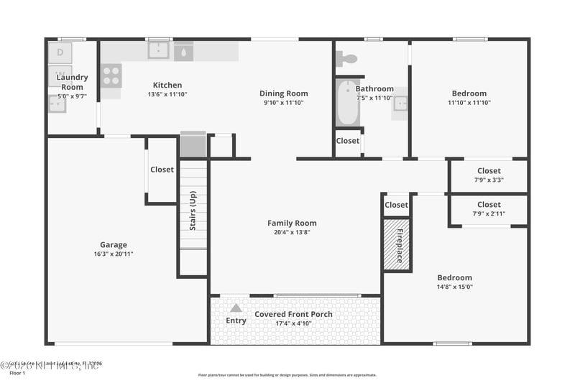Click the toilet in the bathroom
tap(349, 59)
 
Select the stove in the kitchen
tap(111, 75)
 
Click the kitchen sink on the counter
tap(159, 50)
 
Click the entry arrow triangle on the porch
tap(236, 308)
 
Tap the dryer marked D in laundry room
tap(60, 52)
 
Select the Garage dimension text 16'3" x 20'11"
tap(114, 254)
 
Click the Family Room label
tap(292, 223)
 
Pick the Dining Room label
tap(283, 93)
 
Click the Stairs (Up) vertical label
tap(193, 211)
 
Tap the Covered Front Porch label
tap(293, 315)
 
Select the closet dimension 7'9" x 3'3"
tap(489, 180)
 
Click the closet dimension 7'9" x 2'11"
tap(489, 213)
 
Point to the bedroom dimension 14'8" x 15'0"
tap(455, 287)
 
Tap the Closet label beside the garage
tap(162, 170)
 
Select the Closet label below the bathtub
tap(348, 141)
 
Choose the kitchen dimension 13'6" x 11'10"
tap(167, 94)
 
